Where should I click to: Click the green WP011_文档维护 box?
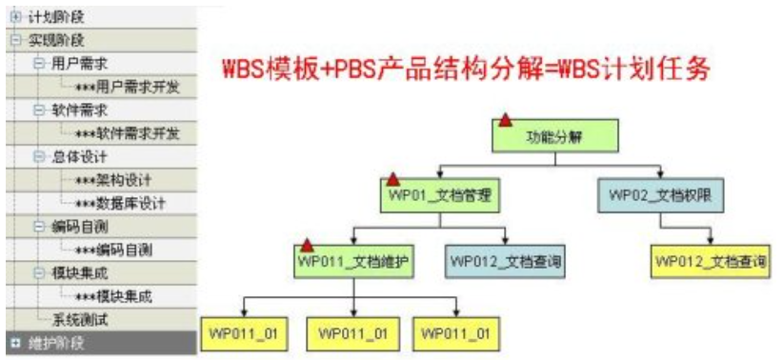355,259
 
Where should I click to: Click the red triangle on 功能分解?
505,120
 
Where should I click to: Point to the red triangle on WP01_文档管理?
392,180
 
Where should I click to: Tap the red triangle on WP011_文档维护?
307,245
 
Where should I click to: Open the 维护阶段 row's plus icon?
14,340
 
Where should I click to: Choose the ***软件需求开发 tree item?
128,133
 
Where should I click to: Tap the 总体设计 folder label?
78,156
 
